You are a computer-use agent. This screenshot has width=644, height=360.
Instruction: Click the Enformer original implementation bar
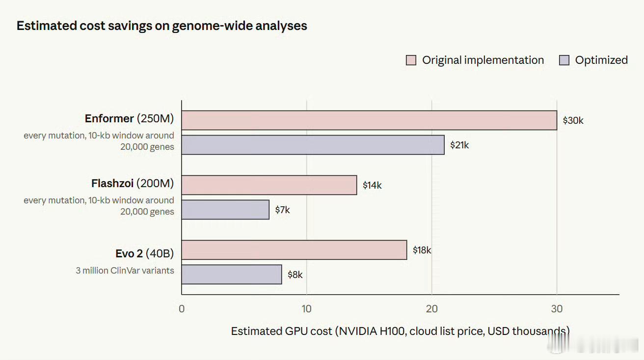(369, 120)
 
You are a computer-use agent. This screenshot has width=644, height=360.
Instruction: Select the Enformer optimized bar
(313, 145)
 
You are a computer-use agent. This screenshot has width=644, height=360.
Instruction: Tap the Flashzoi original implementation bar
(269, 185)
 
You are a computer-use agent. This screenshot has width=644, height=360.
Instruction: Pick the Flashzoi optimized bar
(225, 210)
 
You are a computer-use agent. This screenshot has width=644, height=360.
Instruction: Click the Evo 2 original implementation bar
(294, 250)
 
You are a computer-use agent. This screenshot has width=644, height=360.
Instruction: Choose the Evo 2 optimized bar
(232, 275)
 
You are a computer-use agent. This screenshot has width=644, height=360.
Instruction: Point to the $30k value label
(573, 120)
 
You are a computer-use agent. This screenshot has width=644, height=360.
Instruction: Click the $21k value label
(459, 145)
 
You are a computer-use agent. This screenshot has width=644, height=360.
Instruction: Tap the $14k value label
(372, 185)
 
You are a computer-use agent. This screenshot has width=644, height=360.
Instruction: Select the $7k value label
(282, 210)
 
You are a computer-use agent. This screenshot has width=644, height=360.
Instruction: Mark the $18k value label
(422, 250)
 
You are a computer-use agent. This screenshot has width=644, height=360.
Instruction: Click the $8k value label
(295, 275)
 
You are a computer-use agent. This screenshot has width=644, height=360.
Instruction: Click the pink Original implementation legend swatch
(411, 60)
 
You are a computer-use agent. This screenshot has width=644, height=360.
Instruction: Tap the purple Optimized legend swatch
(564, 60)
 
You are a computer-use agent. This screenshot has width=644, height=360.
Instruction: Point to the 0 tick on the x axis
(182, 309)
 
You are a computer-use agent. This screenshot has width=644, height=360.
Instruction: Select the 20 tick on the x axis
(431, 309)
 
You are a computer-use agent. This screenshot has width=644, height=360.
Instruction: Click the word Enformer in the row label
(109, 118)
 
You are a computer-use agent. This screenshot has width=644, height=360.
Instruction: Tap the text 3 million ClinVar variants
(125, 271)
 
